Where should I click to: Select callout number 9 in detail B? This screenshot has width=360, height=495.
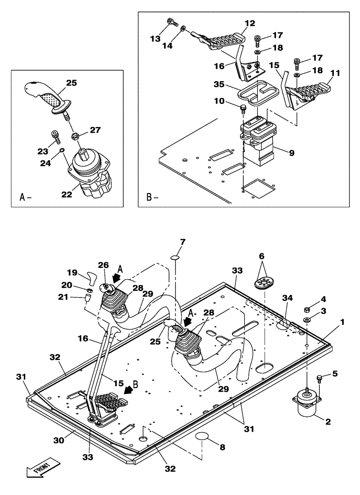coord(292,153)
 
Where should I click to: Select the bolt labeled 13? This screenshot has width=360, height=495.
coord(171,22)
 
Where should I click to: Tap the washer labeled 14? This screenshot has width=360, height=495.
coord(183,29)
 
